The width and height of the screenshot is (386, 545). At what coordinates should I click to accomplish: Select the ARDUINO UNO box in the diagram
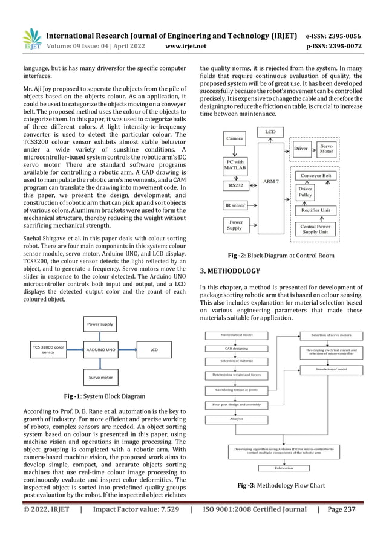pyautogui.click(x=101, y=349)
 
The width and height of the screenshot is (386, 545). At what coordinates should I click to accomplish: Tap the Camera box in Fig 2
pyautogui.click(x=235, y=139)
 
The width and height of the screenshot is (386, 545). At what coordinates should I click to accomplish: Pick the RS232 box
pyautogui.click(x=235, y=185)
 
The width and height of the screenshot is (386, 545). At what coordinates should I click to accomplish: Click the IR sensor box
pyautogui.click(x=235, y=206)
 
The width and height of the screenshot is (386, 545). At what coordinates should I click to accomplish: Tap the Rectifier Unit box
pyautogui.click(x=323, y=210)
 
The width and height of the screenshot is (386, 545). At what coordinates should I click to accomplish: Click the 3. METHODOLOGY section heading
pyautogui.click(x=230, y=271)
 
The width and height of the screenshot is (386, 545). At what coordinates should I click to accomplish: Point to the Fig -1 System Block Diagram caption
pyautogui.click(x=101, y=396)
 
